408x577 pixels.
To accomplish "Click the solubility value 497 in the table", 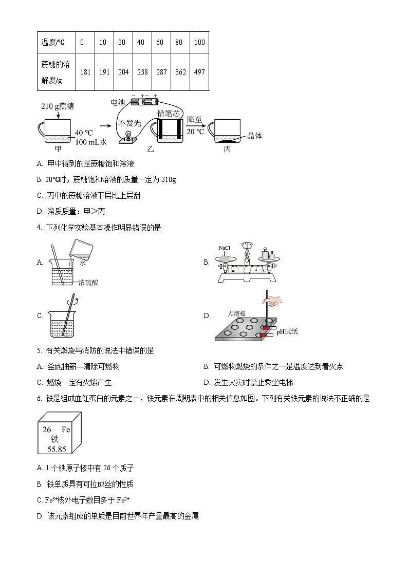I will [x=199, y=72].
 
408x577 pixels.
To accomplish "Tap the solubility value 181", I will [x=85, y=72].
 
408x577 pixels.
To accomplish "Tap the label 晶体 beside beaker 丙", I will [x=255, y=136].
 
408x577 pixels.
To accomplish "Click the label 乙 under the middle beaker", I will [x=151, y=150].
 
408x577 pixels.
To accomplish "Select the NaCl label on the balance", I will [x=225, y=248].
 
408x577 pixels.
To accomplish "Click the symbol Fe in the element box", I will [x=65, y=429].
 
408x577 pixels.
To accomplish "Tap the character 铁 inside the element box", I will [x=54, y=439].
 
